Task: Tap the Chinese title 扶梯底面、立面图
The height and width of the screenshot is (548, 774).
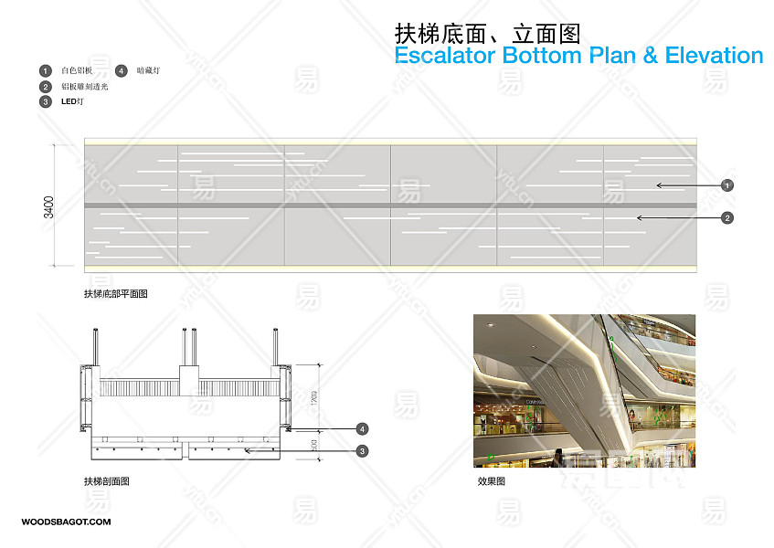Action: tap(487, 34)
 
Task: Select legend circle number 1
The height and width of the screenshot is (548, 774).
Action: tap(45, 70)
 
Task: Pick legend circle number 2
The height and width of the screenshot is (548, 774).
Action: tap(45, 87)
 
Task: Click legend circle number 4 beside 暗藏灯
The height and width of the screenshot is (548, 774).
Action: tap(121, 70)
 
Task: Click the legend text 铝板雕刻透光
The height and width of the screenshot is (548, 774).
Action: tap(84, 87)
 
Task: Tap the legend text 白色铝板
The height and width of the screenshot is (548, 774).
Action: tap(77, 70)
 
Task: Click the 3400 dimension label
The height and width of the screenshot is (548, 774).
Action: tap(48, 205)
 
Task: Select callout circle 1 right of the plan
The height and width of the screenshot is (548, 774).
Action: tap(727, 184)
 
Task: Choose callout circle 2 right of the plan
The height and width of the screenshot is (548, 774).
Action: tap(727, 217)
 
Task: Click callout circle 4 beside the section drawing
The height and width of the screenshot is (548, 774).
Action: tap(362, 428)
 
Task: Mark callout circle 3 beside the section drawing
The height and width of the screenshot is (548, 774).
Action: tap(362, 450)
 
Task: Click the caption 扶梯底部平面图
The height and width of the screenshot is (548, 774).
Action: tap(115, 294)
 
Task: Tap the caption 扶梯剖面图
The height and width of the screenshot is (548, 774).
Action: tap(106, 481)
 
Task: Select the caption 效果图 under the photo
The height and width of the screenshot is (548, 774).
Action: tap(491, 481)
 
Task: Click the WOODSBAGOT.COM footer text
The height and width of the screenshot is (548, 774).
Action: tap(66, 522)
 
